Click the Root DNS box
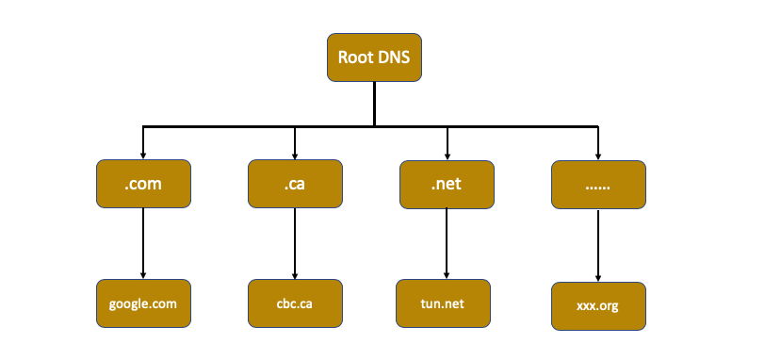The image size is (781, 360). point(374,57)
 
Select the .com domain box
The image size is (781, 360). point(143,184)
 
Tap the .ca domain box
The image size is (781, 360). point(295,184)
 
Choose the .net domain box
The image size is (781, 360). point(447,184)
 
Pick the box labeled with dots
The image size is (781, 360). point(598,185)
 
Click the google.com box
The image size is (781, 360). point(143,303)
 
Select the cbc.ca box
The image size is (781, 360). point(295,303)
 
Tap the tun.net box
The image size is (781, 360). point(443,303)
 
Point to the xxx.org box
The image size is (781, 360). point(598,306)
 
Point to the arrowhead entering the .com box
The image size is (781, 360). point(143,155)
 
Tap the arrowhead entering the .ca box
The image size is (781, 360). point(295,155)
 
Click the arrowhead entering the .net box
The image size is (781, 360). point(447,155)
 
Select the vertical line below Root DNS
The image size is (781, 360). point(374,104)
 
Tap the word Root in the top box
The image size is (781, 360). point(356,57)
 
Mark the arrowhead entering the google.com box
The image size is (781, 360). point(143,275)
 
